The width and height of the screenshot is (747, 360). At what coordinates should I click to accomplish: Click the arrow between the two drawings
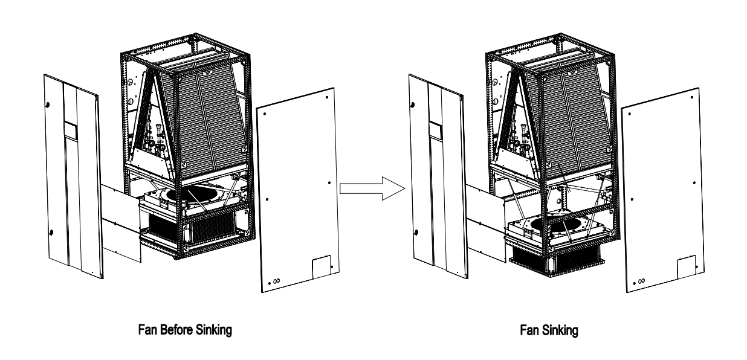point(372,188)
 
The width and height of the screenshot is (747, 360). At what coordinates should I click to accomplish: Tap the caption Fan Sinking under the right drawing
point(549,330)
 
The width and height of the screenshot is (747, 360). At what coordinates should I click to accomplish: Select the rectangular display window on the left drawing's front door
point(70,130)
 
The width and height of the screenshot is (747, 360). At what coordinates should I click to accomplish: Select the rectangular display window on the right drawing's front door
point(435,130)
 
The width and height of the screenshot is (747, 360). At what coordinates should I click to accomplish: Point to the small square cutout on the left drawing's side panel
point(322,266)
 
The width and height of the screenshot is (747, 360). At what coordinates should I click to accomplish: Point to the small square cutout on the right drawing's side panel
point(687,266)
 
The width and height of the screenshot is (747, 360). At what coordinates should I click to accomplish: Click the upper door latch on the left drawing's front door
point(47,105)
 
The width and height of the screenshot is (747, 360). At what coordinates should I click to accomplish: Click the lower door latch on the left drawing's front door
point(51,233)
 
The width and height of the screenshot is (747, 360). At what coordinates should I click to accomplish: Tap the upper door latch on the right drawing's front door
point(413,105)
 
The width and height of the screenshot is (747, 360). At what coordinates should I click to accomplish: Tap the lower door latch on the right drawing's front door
point(416,233)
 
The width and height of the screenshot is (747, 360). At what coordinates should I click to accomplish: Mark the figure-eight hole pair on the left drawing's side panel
point(276,281)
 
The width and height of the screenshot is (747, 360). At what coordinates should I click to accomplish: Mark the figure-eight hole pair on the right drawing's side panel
point(641,281)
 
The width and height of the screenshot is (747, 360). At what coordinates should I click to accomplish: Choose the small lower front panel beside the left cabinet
point(121,223)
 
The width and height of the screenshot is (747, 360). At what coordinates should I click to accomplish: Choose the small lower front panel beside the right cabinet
point(485,223)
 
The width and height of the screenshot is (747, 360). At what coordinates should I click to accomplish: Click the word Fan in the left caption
point(147,330)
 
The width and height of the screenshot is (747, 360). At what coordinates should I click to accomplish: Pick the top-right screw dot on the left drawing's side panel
point(327,97)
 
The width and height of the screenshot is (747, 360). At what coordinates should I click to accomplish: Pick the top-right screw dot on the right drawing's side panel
point(691,97)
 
